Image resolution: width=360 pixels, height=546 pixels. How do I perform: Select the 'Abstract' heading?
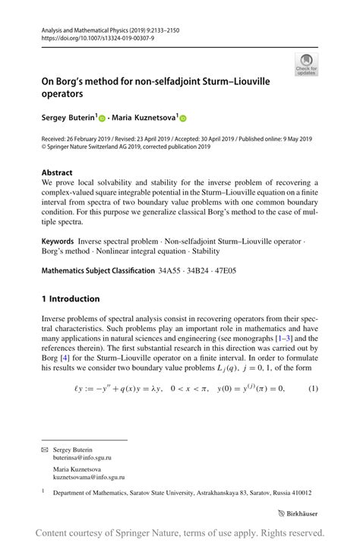tap(57, 172)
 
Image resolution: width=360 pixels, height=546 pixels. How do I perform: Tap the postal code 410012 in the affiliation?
tap(301, 493)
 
